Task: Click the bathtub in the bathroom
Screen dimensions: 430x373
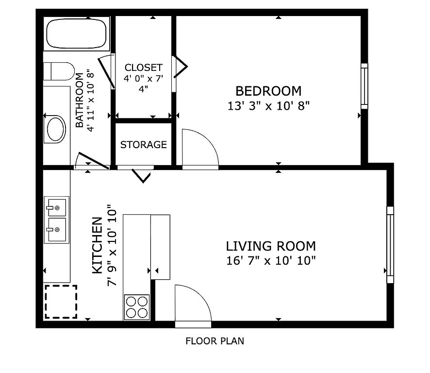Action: click(77, 34)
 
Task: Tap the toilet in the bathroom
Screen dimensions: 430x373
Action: click(59, 71)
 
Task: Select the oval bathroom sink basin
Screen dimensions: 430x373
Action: click(56, 129)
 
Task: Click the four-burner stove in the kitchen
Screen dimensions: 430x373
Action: click(136, 307)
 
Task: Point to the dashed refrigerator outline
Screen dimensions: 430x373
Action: click(61, 302)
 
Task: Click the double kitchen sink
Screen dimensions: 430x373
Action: click(57, 220)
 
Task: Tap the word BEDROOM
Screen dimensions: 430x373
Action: click(268, 91)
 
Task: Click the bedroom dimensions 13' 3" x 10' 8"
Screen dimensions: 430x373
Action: click(268, 106)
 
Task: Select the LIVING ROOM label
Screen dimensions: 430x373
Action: click(271, 246)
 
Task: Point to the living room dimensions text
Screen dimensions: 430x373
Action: click(271, 260)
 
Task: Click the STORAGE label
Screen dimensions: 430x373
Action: click(144, 145)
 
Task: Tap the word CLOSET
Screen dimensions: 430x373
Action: click(144, 68)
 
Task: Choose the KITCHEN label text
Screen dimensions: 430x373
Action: click(98, 245)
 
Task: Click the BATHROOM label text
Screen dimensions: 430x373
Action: click(79, 100)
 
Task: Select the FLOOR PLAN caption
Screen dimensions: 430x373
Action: click(215, 341)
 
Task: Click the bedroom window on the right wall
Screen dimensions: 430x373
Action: click(364, 86)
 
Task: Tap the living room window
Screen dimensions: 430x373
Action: click(390, 245)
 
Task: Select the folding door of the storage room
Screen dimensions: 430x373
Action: click(141, 176)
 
